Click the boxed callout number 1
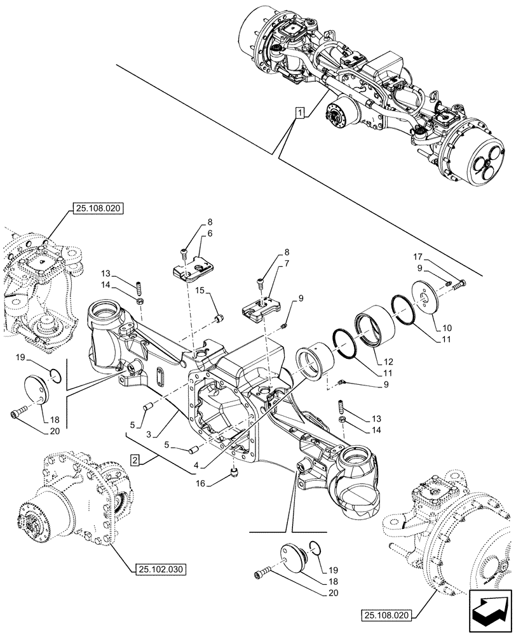pyautogui.click(x=299, y=113)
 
